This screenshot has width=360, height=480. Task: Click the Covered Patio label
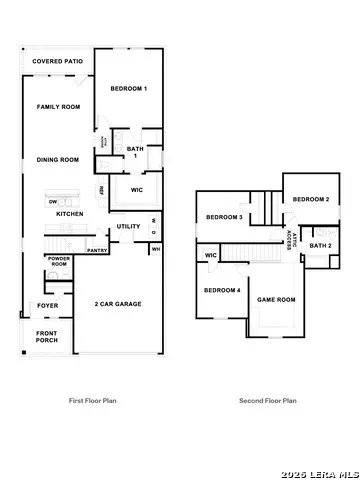point(56,62)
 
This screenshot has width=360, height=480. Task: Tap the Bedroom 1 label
point(128,90)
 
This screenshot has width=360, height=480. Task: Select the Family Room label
point(58,107)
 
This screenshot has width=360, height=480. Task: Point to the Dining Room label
point(58,159)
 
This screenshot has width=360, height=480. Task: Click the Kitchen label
point(69,214)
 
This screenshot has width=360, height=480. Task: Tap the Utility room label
point(128,226)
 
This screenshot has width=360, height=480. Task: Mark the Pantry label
point(98,251)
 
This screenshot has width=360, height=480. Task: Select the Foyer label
point(47,305)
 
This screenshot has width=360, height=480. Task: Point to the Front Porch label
point(47,337)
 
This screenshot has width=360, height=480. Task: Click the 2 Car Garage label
point(117,303)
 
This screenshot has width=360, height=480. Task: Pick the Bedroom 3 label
point(224,217)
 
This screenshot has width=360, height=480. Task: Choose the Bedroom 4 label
point(221,290)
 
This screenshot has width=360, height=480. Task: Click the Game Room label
point(277,299)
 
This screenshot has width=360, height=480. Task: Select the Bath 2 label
point(320,245)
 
